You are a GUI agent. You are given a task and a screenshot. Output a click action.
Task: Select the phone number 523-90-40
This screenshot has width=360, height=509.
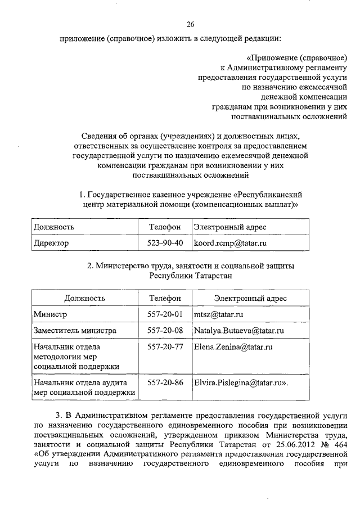click(165, 244)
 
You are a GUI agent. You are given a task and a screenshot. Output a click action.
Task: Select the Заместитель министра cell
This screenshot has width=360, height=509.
click(75, 330)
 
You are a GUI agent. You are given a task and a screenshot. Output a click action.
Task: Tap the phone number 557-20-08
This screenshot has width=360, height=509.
click(165, 330)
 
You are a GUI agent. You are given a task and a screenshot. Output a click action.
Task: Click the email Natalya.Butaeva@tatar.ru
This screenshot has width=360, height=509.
click(238, 330)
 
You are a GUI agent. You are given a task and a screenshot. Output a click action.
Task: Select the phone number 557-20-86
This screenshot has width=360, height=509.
click(165, 382)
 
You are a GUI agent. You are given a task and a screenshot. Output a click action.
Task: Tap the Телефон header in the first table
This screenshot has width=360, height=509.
click(165, 227)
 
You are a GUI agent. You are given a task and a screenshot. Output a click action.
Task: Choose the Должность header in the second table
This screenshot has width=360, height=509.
click(84, 298)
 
